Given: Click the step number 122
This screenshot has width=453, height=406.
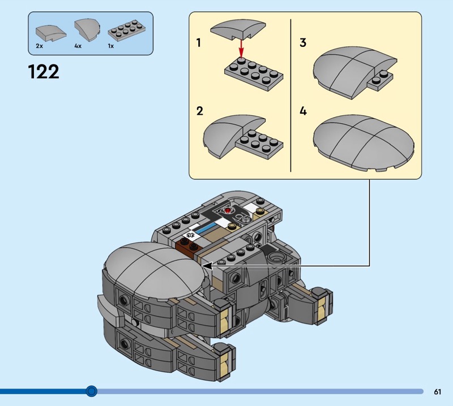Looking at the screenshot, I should pyautogui.click(x=44, y=72).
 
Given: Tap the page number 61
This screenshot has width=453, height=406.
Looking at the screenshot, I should pyautogui.click(x=438, y=391).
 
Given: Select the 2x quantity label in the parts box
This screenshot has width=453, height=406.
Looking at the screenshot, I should pyautogui.click(x=39, y=46).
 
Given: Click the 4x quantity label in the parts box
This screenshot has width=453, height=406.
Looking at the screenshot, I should pyautogui.click(x=78, y=46).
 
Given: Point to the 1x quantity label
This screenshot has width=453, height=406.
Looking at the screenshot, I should pyautogui.click(x=111, y=46).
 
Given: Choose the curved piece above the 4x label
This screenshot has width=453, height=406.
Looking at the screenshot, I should pyautogui.click(x=85, y=28).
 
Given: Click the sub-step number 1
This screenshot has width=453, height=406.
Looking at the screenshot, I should pyautogui.click(x=199, y=43).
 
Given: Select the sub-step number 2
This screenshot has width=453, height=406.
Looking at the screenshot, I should pyautogui.click(x=199, y=111).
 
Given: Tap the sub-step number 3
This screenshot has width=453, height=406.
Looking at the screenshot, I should pyautogui.click(x=303, y=43).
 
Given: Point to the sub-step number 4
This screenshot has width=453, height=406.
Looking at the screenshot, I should pyautogui.click(x=303, y=111).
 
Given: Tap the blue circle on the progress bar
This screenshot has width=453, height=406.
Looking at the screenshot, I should pyautogui.click(x=91, y=391).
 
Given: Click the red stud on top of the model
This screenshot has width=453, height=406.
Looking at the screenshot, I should pyautogui.click(x=228, y=211).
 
